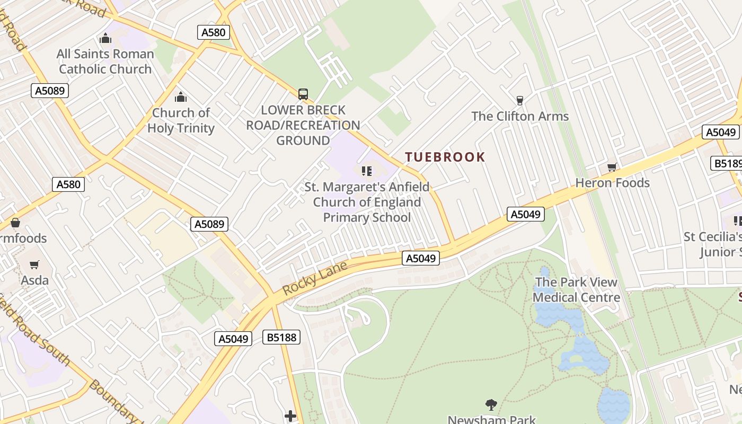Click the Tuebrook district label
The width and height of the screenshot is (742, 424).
pyautogui.click(x=445, y=157)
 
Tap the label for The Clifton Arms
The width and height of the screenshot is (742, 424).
pyautogui.click(x=520, y=116)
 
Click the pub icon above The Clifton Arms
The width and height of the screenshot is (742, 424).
pyautogui.click(x=519, y=100)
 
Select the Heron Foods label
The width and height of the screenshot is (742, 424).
pyautogui.click(x=612, y=183)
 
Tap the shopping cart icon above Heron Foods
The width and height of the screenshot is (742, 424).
pyautogui.click(x=612, y=167)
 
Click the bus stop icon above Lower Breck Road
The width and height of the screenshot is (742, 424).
pyautogui.click(x=303, y=94)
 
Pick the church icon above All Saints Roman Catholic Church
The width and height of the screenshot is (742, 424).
pyautogui.click(x=105, y=39)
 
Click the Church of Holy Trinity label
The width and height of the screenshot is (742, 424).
pyautogui.click(x=181, y=120)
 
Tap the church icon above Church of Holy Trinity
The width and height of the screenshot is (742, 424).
pyautogui.click(x=181, y=98)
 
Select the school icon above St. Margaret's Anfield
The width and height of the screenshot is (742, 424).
pyautogui.click(x=367, y=171)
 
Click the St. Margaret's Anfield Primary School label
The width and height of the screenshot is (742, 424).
pyautogui.click(x=367, y=202)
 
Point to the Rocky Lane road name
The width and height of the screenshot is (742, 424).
pyautogui.click(x=315, y=278)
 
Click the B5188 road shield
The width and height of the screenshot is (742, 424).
pyautogui.click(x=281, y=337)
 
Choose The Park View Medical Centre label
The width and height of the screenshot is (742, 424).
pyautogui.click(x=576, y=289)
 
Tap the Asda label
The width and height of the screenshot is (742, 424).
pyautogui.click(x=35, y=280)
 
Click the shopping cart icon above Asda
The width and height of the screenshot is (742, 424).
pyautogui.click(x=34, y=264)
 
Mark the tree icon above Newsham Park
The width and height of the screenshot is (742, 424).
pyautogui.click(x=491, y=405)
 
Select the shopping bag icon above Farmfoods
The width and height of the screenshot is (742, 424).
pyautogui.click(x=15, y=223)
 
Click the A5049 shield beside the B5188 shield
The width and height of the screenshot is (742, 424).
pyautogui.click(x=233, y=339)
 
